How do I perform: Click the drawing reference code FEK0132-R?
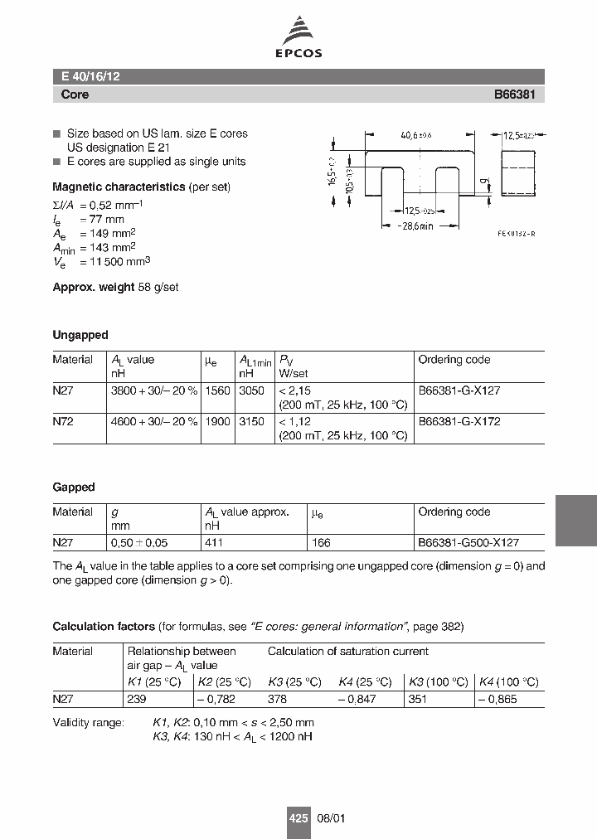point(516,235)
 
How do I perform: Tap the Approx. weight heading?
point(93,287)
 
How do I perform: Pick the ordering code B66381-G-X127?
point(459,390)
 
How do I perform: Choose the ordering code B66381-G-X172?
point(459,421)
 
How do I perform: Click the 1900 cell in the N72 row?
point(217,421)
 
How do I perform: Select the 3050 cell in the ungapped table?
point(251,390)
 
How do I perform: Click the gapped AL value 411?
point(214,542)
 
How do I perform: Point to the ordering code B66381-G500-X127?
point(468,542)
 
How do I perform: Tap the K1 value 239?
point(136,698)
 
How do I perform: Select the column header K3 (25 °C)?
point(294,681)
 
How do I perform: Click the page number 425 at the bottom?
point(298,817)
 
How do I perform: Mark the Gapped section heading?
point(74,487)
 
